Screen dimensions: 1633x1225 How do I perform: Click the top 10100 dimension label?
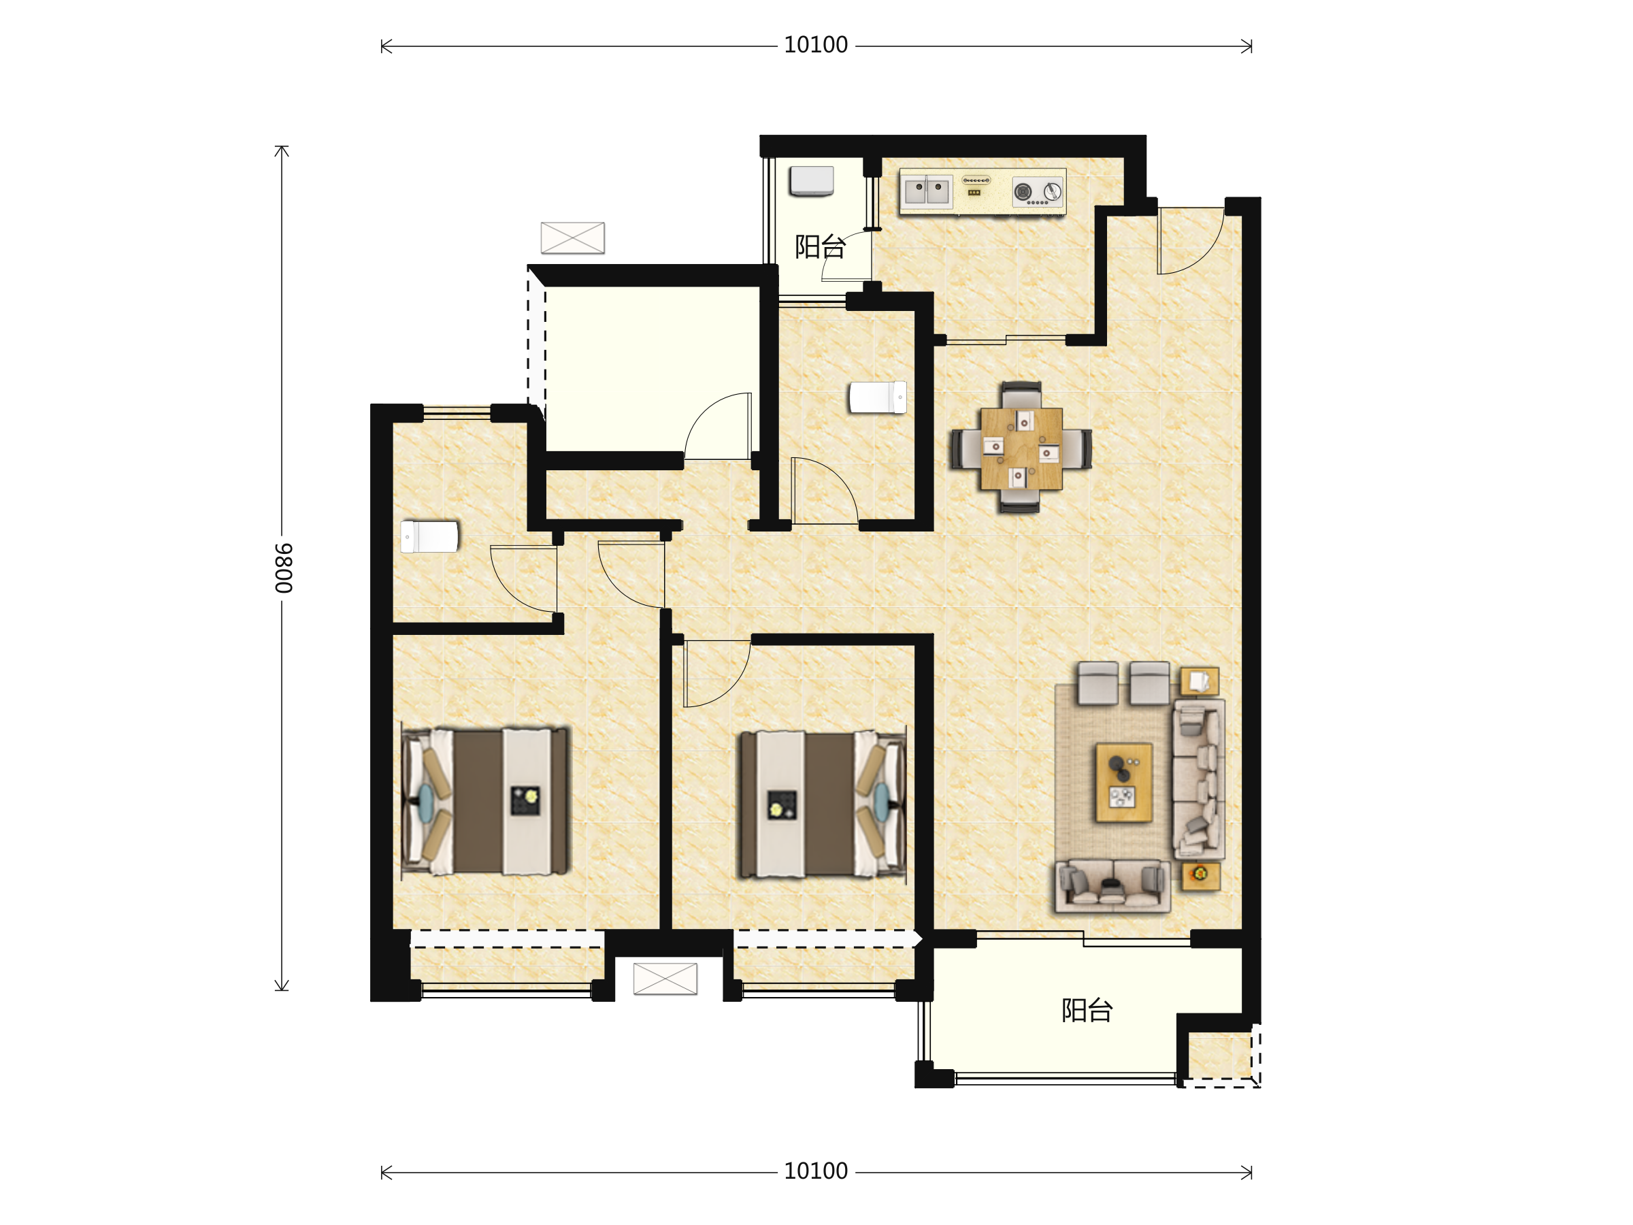pos(815,45)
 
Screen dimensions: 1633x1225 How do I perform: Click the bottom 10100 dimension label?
pos(815,1171)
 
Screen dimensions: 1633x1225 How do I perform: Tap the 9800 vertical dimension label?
pos(284,568)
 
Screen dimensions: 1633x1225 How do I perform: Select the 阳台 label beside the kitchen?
pos(819,246)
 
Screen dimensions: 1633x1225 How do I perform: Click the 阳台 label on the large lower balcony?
pos(1087,1010)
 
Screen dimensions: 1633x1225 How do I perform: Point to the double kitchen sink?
pos(927,191)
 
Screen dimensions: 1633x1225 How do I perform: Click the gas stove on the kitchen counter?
pos(1037,192)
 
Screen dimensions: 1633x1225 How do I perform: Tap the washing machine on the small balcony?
pos(811,182)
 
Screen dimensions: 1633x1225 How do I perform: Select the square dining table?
pos(1022,449)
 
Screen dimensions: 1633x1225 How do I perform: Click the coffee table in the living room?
pos(1123,782)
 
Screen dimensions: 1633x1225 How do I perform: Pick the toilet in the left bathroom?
pos(429,537)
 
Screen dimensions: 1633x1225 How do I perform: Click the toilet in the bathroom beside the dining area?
pos(878,397)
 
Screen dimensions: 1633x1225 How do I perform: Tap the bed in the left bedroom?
pos(486,802)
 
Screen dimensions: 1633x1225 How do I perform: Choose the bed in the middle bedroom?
pos(823,805)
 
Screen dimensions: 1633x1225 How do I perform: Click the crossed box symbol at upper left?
pos(573,238)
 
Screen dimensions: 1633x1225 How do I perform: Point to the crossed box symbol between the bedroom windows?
pos(665,979)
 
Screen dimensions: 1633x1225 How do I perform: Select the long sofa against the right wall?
pos(1199,779)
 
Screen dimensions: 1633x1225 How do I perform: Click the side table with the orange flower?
pos(1200,876)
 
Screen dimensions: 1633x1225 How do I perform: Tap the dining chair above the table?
pos(1022,395)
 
